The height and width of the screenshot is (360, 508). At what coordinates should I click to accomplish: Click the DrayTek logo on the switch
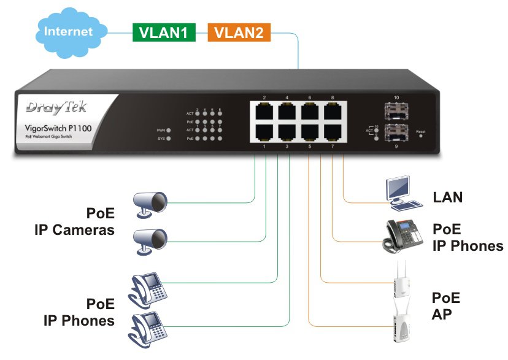tap(56, 109)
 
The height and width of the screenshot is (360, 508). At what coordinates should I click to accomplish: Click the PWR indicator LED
tap(169, 130)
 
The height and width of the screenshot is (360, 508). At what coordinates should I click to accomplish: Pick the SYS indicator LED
tap(169, 139)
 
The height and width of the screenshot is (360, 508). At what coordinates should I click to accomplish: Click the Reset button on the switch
tap(420, 136)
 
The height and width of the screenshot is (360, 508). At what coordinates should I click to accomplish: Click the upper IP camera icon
tap(151, 202)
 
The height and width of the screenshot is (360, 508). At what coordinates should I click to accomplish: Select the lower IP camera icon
tap(151, 240)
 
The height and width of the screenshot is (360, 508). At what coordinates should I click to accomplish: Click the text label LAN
tap(448, 197)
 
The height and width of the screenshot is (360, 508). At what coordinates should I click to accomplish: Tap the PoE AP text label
tap(446, 306)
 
